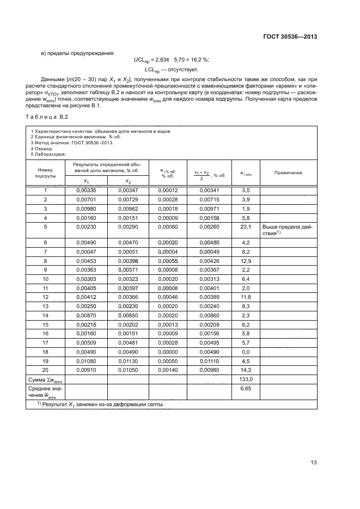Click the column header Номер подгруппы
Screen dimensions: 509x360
(x=46, y=173)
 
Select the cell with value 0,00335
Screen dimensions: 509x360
(x=87, y=190)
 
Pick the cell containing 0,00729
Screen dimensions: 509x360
(x=128, y=199)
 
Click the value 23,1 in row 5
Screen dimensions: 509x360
(x=245, y=226)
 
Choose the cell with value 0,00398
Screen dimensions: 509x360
(x=128, y=261)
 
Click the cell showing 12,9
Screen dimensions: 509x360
(x=245, y=261)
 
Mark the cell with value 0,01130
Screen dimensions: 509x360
(x=128, y=360)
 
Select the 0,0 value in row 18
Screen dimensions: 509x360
(x=245, y=351)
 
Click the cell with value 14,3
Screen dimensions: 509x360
(x=245, y=369)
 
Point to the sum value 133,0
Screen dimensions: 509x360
(x=245, y=378)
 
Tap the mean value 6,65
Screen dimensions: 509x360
(x=245, y=390)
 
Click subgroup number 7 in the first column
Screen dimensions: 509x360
(x=46, y=252)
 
